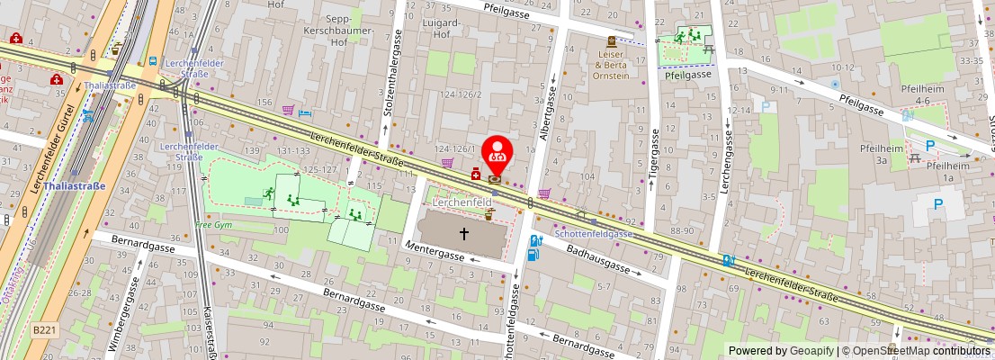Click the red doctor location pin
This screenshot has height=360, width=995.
point(496,154)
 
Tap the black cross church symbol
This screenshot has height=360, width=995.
point(464,234)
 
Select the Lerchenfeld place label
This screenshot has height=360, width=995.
point(462,203)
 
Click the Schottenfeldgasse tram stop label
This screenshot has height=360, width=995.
point(593,233)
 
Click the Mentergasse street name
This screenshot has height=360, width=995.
point(434,251)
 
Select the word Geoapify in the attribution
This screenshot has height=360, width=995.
point(811,351)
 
